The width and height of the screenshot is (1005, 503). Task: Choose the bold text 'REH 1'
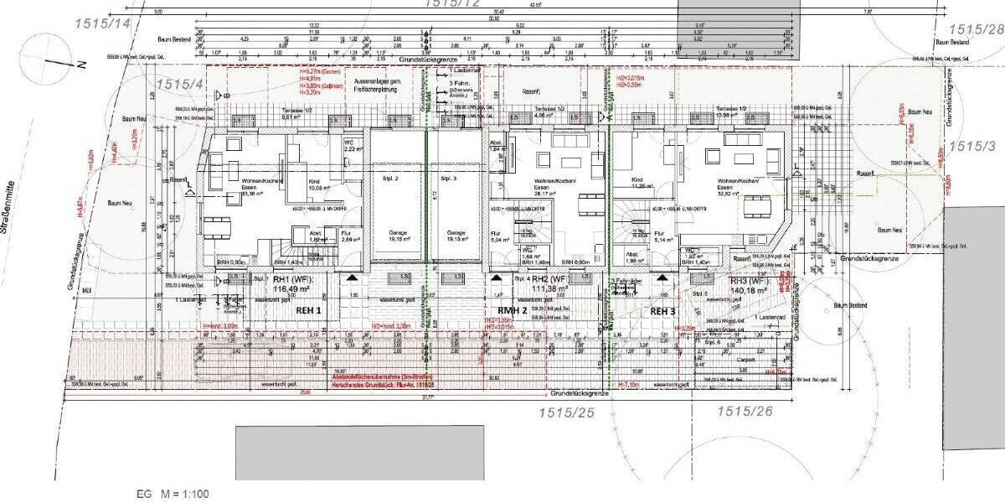pos(308,309)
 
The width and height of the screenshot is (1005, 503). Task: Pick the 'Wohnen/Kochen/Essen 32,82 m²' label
pos(738,186)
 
